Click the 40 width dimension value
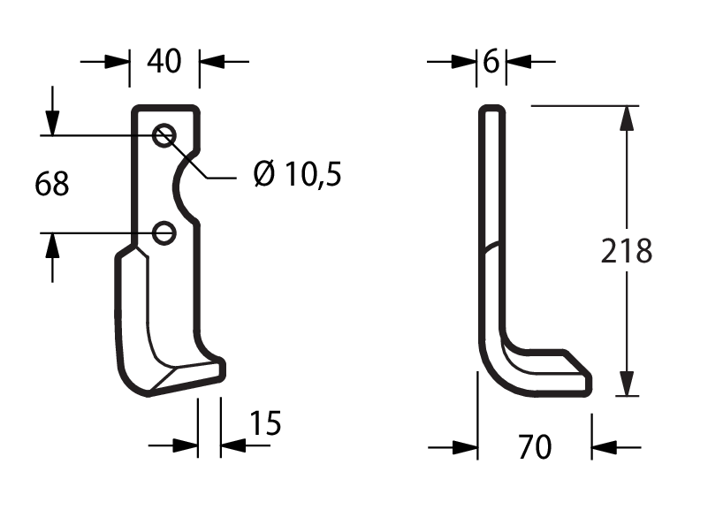coord(164,61)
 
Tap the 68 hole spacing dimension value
coord(52,184)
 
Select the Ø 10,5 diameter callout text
coord(298,174)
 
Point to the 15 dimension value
coord(265,423)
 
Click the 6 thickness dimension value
coord(491,61)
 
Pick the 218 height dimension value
coord(627,251)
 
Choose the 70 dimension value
coord(535,447)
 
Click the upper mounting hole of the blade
coord(164,135)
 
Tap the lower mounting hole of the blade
coord(164,233)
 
